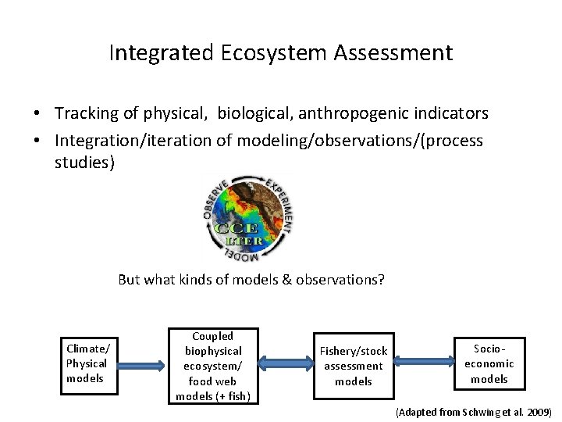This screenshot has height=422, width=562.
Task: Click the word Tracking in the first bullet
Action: tap(84, 113)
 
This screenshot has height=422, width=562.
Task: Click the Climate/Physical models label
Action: tap(87, 363)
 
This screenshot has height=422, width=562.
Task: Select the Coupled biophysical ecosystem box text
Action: tap(212, 366)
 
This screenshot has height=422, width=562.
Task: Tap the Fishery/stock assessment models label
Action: tap(354, 366)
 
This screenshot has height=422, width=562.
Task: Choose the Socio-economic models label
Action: tap(489, 363)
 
